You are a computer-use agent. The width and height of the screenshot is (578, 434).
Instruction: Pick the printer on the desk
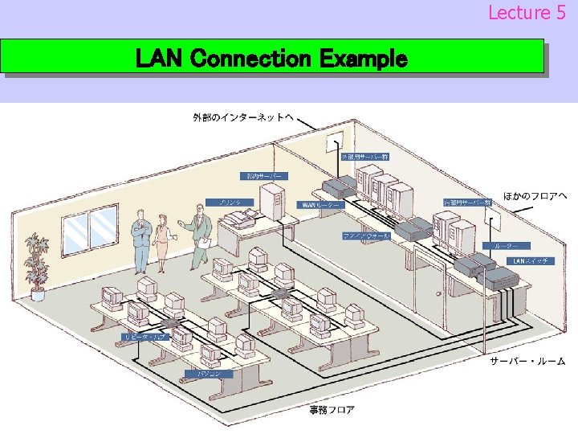248,215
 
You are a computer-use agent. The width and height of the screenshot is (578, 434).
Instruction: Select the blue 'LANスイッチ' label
531,261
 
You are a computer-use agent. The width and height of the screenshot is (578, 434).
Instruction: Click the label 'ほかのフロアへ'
535,196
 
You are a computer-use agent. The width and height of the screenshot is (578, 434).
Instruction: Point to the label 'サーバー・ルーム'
527,362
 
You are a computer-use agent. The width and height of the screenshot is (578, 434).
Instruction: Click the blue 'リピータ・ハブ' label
144,337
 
